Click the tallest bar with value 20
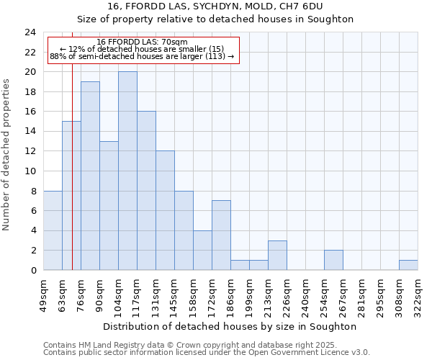[127, 171]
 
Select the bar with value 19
[90, 176]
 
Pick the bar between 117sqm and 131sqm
[146, 191]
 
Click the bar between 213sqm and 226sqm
[277, 255]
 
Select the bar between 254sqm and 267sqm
[333, 260]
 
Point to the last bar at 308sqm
[408, 265]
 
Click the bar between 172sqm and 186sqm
[221, 235]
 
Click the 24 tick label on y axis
[30, 32]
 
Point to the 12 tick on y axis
[30, 151]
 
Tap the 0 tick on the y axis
[32, 270]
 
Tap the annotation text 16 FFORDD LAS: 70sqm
[142, 42]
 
